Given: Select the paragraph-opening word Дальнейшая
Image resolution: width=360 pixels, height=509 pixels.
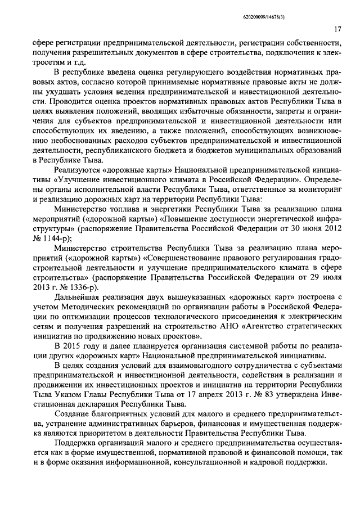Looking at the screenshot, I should pyautogui.click(x=78, y=297).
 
